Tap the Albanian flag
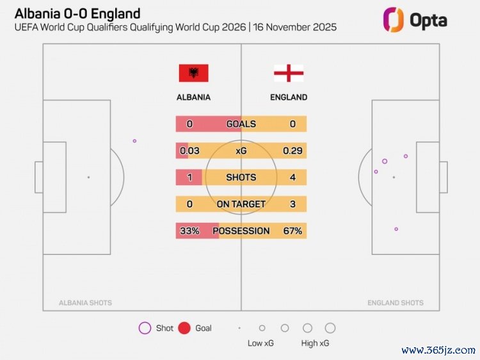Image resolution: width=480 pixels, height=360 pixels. click(x=193, y=73)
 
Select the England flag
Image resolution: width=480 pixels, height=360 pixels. click(x=289, y=73)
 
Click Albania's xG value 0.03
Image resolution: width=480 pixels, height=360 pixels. click(x=190, y=151)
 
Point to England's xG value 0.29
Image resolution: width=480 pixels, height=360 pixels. click(x=292, y=151)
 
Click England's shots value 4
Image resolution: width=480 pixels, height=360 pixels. click(x=292, y=177)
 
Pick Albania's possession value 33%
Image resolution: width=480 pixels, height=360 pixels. click(x=189, y=231)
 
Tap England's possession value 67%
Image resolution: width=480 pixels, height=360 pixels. click(x=292, y=231)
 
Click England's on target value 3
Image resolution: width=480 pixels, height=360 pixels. click(x=292, y=204)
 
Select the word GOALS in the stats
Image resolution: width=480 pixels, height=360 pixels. click(x=241, y=124)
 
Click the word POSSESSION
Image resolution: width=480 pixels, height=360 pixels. click(x=241, y=231)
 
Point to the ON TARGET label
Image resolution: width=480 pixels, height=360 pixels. click(x=241, y=204)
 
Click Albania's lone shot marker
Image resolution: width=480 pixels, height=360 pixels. click(x=134, y=141)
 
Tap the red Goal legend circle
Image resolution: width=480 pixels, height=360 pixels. click(x=184, y=328)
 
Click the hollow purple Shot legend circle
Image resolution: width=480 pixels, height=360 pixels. click(x=145, y=328)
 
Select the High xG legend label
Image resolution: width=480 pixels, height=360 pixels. click(x=315, y=343)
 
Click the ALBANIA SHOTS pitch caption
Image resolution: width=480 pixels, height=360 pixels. click(x=85, y=303)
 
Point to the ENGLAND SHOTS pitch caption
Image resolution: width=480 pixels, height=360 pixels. click(x=395, y=303)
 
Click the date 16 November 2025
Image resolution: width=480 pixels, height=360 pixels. click(x=295, y=28)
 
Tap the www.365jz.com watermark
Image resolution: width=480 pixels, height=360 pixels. click(x=438, y=350)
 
